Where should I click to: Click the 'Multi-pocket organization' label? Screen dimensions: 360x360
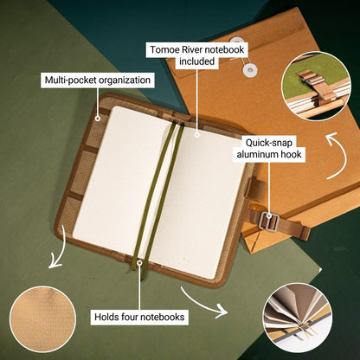[x=97, y=80]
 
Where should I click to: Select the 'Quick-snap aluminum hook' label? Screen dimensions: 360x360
[x=270, y=147]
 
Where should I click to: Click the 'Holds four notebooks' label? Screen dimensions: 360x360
[x=139, y=317]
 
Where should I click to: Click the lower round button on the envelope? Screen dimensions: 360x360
[x=250, y=70]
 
